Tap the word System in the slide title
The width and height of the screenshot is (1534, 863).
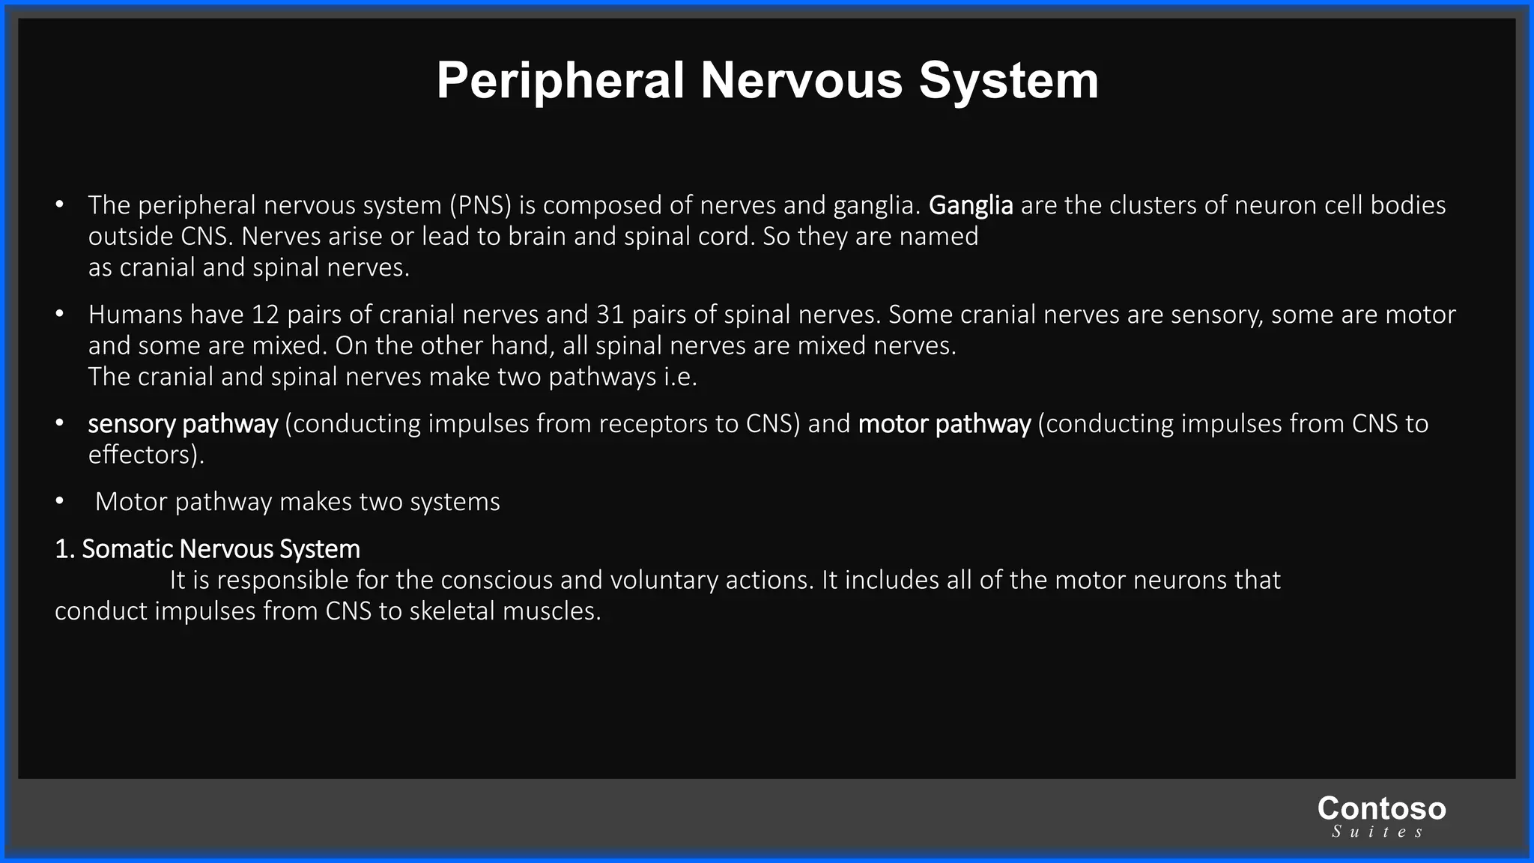[1008, 81]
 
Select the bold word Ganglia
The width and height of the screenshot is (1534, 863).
[971, 205]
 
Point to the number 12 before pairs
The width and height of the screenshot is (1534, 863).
[265, 315]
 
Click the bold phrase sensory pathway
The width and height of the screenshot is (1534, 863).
[183, 424]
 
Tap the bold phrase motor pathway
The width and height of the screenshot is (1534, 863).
[944, 424]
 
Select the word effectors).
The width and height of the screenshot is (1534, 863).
[146, 455]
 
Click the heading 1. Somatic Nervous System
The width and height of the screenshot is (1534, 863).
[207, 549]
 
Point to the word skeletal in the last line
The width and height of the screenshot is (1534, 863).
[452, 611]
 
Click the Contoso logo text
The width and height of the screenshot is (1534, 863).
[1381, 808]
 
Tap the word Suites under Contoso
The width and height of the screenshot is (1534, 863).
[1377, 832]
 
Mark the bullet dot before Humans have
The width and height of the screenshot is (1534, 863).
[59, 315]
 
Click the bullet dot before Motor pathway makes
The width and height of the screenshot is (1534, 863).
[59, 502]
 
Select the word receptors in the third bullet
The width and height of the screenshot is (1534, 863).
[651, 424]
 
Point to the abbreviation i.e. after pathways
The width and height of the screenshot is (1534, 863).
[680, 377]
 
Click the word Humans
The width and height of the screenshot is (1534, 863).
[136, 315]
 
